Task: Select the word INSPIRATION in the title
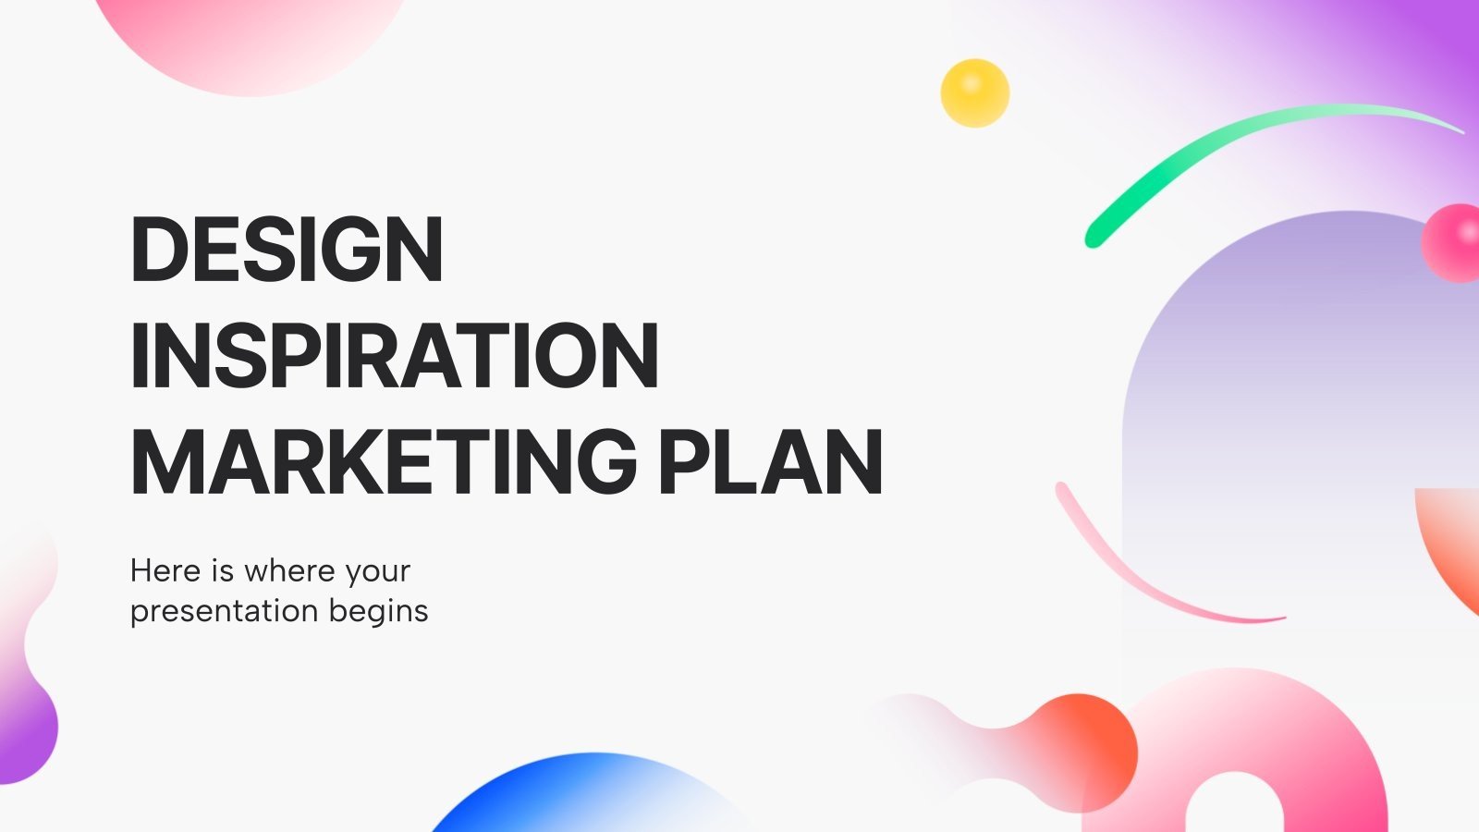pyautogui.click(x=395, y=356)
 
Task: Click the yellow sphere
pyautogui.click(x=974, y=92)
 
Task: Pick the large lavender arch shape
pyautogui.click(x=1294, y=370)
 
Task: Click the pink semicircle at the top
pyautogui.click(x=250, y=42)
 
